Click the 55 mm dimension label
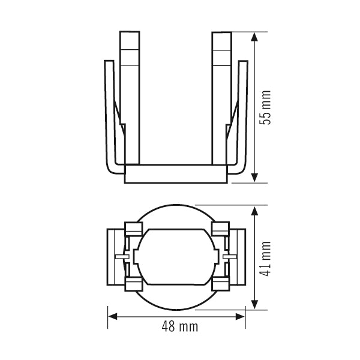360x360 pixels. (x=265, y=107)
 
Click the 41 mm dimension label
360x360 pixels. (x=265, y=259)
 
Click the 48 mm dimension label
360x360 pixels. (x=180, y=326)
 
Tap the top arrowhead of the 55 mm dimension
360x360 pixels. (x=254, y=37)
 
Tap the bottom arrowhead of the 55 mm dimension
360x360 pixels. (x=254, y=178)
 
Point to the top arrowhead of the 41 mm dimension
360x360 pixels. (x=254, y=211)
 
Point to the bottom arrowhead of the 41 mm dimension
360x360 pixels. (x=254, y=304)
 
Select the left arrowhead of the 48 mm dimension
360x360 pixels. (x=113, y=317)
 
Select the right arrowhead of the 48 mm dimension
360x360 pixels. (x=240, y=317)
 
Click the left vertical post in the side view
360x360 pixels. (x=130, y=98)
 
